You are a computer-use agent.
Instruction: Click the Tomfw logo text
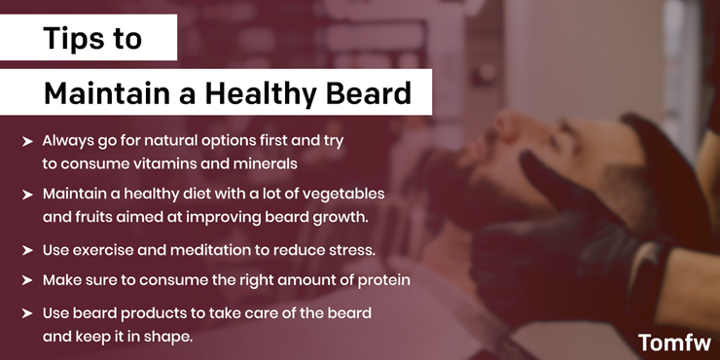(x=673, y=342)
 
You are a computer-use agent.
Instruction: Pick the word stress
(x=351, y=250)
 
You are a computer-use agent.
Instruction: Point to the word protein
(x=383, y=280)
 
